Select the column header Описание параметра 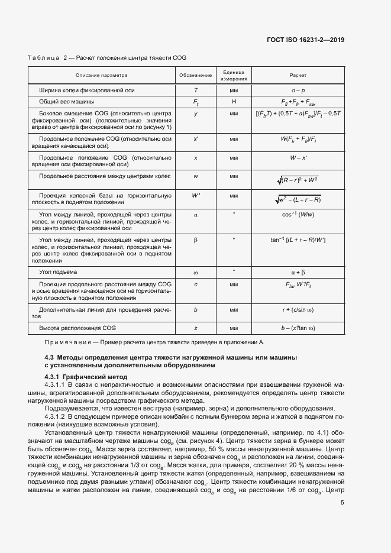pyautogui.click(x=101, y=76)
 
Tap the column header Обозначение pyautogui.click(x=196, y=76)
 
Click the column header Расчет pyautogui.click(x=298, y=76)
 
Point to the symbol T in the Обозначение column pyautogui.click(x=196, y=90)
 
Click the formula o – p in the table pyautogui.click(x=298, y=90)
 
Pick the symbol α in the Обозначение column pyautogui.click(x=196, y=215)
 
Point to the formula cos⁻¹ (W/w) pyautogui.click(x=298, y=215)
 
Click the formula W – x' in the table pyautogui.click(x=298, y=159)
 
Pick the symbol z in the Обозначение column pyautogui.click(x=196, y=327)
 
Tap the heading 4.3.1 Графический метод pyautogui.click(x=86, y=377)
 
